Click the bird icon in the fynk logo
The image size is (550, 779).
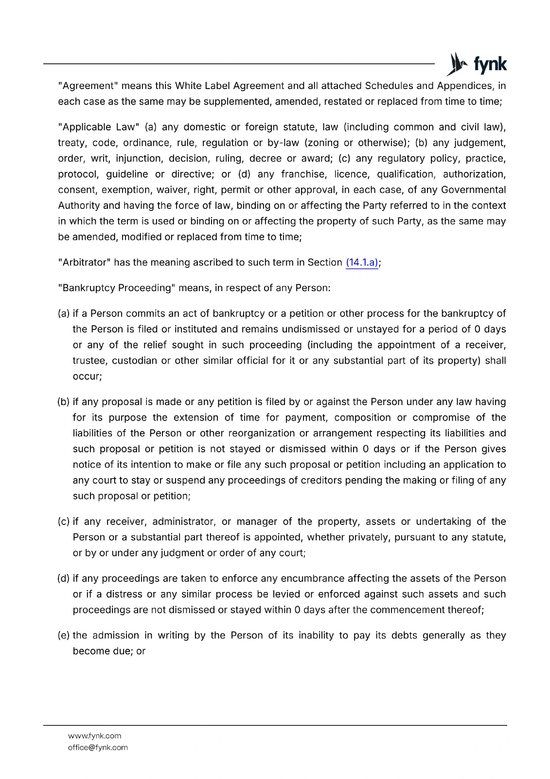click(457, 64)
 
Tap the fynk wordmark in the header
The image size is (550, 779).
click(490, 64)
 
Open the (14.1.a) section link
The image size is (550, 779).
click(362, 262)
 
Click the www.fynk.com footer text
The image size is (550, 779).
click(94, 736)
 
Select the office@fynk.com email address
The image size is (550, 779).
click(98, 747)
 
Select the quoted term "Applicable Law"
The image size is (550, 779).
click(99, 127)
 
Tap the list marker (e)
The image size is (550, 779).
click(64, 635)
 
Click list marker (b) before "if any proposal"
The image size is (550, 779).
click(64, 402)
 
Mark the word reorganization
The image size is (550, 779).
click(262, 433)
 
